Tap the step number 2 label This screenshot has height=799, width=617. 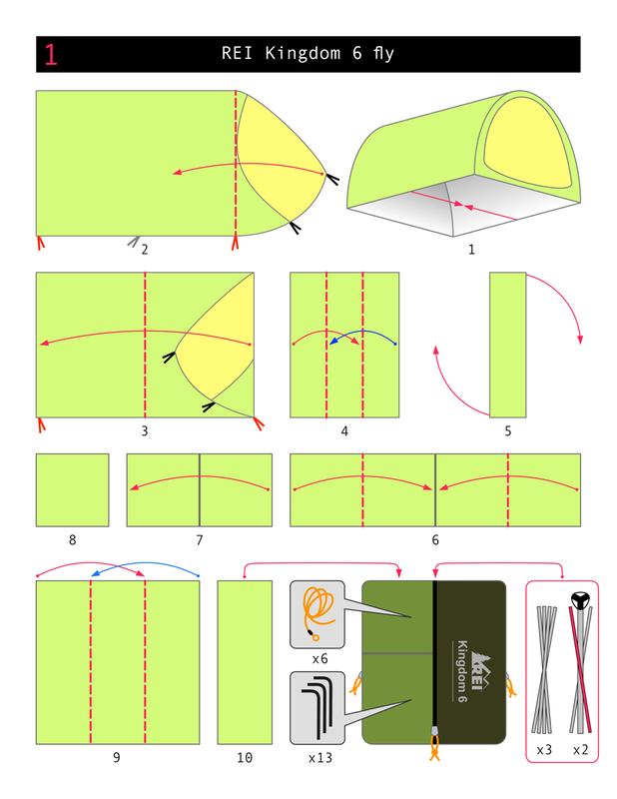pos(145,250)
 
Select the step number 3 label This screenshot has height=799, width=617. pos(145,431)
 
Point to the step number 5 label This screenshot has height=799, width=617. pos(507,431)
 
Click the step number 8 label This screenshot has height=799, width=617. pos(72,540)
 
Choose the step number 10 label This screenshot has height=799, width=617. pos(245,758)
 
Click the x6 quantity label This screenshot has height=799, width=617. pos(320,659)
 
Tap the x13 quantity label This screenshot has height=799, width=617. pos(320,758)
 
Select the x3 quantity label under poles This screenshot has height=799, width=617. pos(545,750)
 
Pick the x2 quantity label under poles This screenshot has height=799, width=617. pos(581,750)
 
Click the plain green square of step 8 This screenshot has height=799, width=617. pos(72,489)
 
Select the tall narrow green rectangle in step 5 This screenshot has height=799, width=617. pos(507,344)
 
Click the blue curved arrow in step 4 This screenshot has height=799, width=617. pos(362,338)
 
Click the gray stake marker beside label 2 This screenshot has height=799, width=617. pos(134,241)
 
